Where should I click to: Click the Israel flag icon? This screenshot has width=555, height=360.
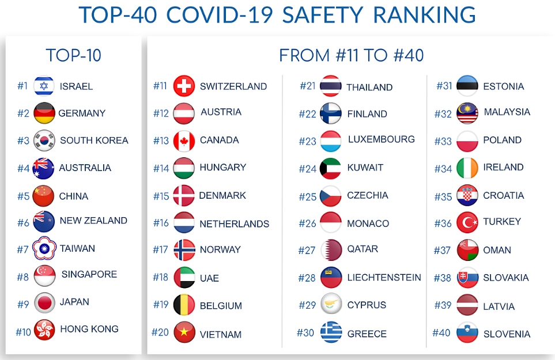coord(44,86)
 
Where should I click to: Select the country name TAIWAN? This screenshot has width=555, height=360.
coord(77,249)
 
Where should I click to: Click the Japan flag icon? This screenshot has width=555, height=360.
coord(44,302)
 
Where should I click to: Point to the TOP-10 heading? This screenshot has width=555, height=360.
coord(73,55)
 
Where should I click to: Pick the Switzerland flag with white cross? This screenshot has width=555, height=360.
coord(184,86)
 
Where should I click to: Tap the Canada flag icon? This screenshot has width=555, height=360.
coord(184,141)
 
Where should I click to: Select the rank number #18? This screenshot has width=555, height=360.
coord(161,278)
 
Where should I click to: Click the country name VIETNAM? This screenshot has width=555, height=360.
coord(221,334)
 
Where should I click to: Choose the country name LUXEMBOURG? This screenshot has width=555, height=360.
coord(381,139)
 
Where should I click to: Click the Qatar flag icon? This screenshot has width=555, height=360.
coord(331,250)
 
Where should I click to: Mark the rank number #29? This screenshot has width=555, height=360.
coord(307,305)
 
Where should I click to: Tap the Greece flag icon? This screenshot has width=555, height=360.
coord(331,333)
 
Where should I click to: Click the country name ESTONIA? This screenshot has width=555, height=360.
coord(503,86)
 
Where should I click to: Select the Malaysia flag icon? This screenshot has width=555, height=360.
coord(467,113)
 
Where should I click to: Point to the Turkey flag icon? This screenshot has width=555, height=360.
coord(467,222)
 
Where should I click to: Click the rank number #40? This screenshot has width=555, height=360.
coord(441,333)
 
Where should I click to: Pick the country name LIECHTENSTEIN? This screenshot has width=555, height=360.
coord(384,278)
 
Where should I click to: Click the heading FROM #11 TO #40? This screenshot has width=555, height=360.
coord(351,55)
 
